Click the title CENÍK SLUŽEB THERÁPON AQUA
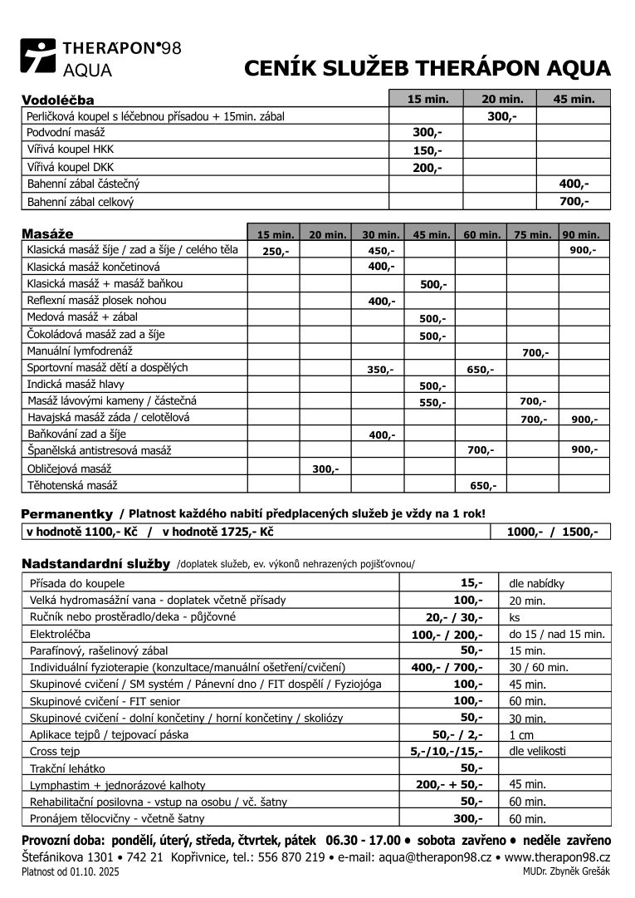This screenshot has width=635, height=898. pyautogui.click(x=427, y=68)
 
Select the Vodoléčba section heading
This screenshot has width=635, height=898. pyautogui.click(x=57, y=101)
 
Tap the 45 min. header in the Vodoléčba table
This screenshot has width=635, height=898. pyautogui.click(x=574, y=99)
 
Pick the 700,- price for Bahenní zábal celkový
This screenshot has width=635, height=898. pyautogui.click(x=574, y=201)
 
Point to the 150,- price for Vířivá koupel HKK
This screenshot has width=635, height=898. pyautogui.click(x=427, y=150)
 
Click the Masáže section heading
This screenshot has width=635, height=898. pyautogui.click(x=47, y=234)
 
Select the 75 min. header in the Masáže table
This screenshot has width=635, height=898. pyautogui.click(x=532, y=235)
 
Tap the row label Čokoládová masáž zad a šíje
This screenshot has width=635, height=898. pyautogui.click(x=95, y=334)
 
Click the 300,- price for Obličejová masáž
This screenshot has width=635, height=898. pyautogui.click(x=325, y=469)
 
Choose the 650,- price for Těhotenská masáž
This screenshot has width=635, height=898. pyautogui.click(x=483, y=486)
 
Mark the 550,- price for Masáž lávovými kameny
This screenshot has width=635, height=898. pyautogui.click(x=432, y=403)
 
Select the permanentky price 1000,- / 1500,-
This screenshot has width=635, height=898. pyautogui.click(x=552, y=532)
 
